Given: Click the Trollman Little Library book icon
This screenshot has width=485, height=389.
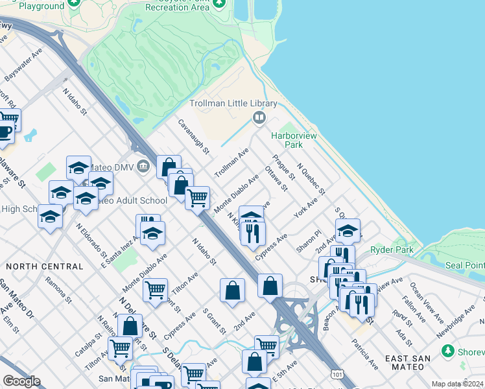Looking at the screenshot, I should point(259,117).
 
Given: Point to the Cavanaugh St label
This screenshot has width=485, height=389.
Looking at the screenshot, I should point(194,137).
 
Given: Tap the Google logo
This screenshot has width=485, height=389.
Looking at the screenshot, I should point(21,381).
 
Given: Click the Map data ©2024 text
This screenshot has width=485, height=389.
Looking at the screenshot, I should point(456,384).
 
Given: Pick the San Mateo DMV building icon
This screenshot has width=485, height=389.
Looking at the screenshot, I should point(143,167).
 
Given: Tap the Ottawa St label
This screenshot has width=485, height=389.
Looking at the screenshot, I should point(276,179).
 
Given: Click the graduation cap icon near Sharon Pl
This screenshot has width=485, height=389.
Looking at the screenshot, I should point(348,231).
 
